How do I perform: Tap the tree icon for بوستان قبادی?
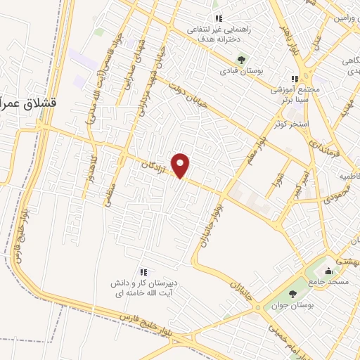[241, 60]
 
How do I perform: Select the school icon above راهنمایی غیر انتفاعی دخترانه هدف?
[218, 18]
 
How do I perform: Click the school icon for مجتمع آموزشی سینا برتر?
[295, 79]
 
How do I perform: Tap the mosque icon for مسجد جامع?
[327, 271]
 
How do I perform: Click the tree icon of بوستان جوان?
[292, 294]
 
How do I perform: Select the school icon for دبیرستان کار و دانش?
[143, 272]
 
